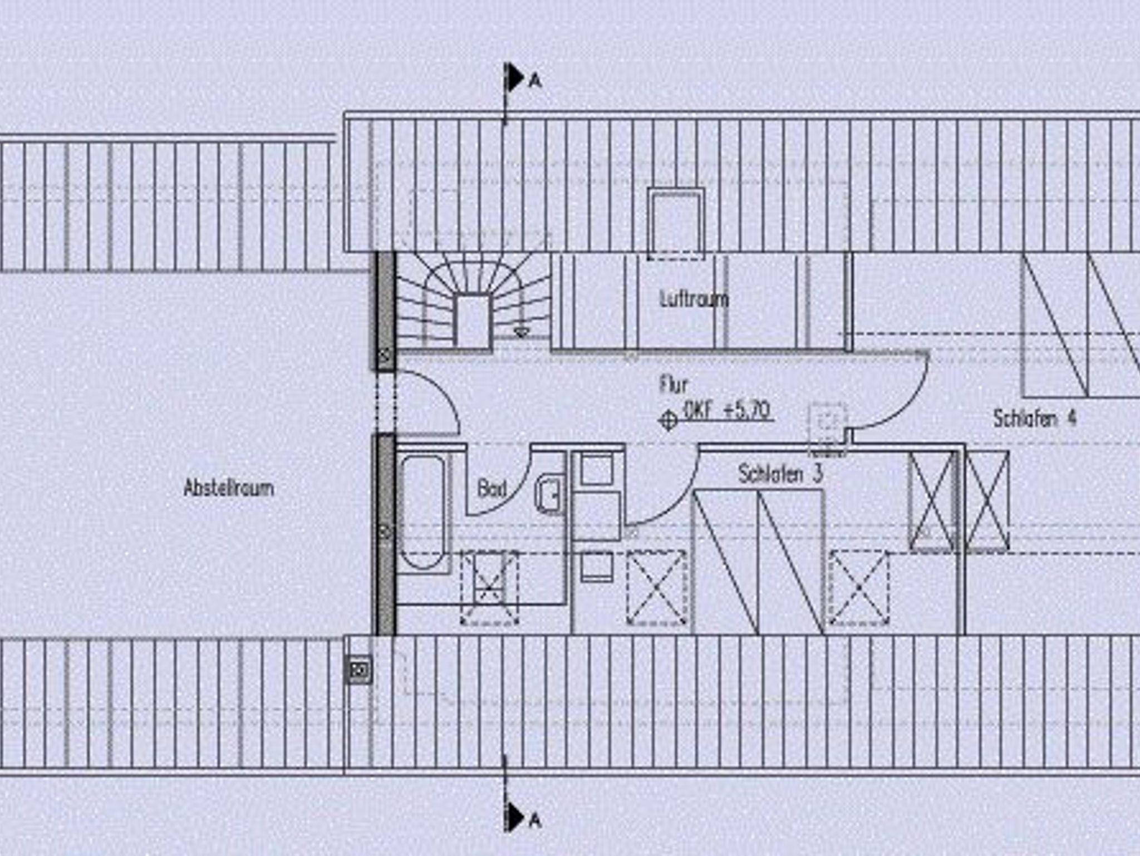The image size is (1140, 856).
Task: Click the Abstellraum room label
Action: pos(229,488)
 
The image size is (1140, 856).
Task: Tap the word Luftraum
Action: pos(694,299)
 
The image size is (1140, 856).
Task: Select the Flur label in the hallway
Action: pos(674,385)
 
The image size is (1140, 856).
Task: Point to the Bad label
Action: pos(492,489)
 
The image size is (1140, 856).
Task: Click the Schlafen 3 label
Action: pos(780,474)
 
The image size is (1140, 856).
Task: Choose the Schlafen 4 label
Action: pos(1035,419)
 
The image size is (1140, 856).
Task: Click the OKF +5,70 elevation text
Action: pos(726,411)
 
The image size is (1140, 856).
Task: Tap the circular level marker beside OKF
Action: pos(668,420)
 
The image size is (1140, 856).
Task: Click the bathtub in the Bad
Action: pos(424,512)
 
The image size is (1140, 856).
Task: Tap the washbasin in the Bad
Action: pos(549,493)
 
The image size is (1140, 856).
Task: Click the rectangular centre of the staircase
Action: pos(473,321)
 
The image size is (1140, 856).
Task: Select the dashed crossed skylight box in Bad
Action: pos(489,587)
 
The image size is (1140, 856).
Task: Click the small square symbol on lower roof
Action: pos(358,670)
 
